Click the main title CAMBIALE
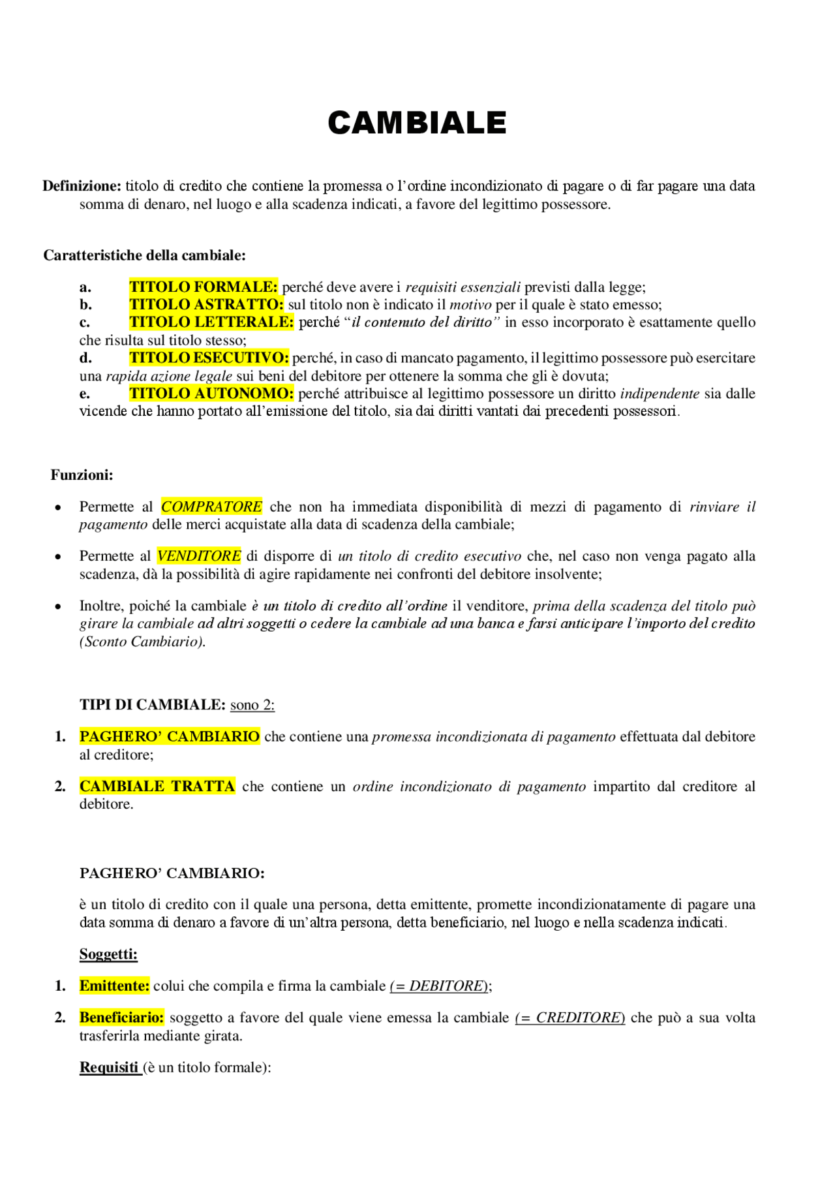[x=417, y=123]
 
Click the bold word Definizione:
[x=82, y=186]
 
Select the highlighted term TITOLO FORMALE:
[x=204, y=287]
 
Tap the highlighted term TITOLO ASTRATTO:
[x=206, y=304]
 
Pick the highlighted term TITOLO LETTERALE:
[x=211, y=322]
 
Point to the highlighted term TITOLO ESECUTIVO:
[x=209, y=358]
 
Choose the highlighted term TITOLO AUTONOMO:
[x=211, y=393]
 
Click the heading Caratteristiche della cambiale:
[x=144, y=255]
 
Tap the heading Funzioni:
[x=82, y=475]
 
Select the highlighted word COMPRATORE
[x=211, y=506]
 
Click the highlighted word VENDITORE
[x=199, y=556]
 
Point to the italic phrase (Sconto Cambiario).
[x=142, y=642]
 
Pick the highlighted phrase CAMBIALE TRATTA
[x=157, y=786]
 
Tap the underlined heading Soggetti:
[x=108, y=954]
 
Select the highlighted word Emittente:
[x=114, y=986]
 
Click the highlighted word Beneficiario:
[x=121, y=1018]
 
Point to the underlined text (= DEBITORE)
[x=439, y=986]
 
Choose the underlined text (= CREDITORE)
[x=570, y=1018]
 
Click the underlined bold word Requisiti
[x=109, y=1067]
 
